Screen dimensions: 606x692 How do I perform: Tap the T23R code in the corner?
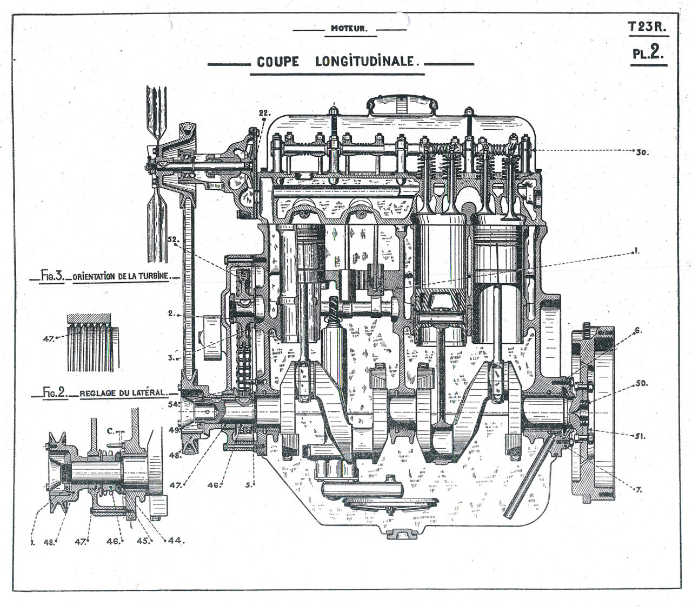(x=647, y=26)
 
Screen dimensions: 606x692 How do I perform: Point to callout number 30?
(x=642, y=152)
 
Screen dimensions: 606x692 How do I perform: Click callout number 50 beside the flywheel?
(x=641, y=383)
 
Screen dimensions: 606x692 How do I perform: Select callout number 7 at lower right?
(x=638, y=490)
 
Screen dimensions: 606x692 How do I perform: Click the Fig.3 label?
(x=52, y=276)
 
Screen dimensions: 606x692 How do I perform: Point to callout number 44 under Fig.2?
(x=176, y=540)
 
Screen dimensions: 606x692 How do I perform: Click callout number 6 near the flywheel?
(x=638, y=330)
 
